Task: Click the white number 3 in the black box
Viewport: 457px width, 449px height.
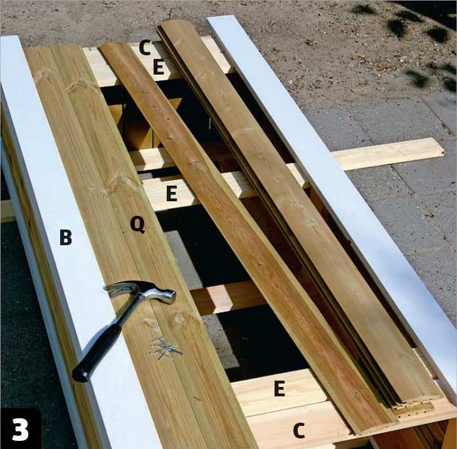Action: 21,430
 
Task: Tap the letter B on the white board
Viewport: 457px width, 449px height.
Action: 66,237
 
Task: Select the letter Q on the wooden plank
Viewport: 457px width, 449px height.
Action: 137,224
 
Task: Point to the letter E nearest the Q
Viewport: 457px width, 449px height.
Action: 172,194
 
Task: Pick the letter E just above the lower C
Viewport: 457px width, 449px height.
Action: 280,388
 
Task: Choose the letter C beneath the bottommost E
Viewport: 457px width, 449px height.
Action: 299,430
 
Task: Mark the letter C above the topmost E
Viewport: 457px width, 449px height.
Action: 145,48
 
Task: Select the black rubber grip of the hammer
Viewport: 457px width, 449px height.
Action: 96,354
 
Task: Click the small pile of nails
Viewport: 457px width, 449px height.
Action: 165,348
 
